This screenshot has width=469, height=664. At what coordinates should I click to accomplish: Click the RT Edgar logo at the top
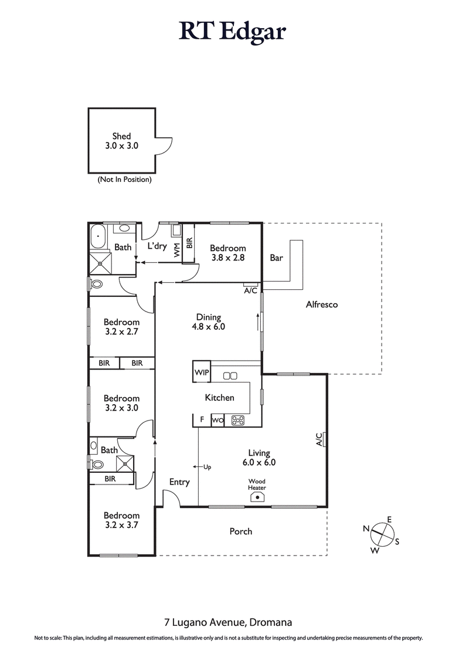[x=233, y=31]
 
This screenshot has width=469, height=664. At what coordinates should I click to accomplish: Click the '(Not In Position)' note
[x=124, y=179]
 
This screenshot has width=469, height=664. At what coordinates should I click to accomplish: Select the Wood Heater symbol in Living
[x=257, y=496]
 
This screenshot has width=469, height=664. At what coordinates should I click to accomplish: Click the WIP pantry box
[x=200, y=371]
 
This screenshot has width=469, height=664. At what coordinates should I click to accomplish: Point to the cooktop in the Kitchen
[x=239, y=420]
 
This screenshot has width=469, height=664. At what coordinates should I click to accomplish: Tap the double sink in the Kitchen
[x=230, y=375]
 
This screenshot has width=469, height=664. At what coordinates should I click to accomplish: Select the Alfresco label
[x=321, y=304]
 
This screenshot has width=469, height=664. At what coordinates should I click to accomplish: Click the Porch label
[x=240, y=531]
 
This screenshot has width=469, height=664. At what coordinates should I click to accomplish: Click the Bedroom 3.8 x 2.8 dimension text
[x=228, y=257]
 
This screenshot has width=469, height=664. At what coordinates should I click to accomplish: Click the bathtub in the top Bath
[x=98, y=238]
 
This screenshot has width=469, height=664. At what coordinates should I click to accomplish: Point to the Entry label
[x=179, y=482]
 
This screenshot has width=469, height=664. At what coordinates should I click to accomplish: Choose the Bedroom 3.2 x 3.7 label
[x=121, y=520]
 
